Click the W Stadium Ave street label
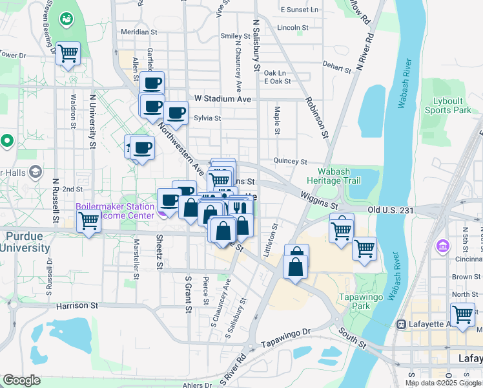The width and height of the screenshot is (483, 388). pos(222,99)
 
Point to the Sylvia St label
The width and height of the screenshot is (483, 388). pos(208,118)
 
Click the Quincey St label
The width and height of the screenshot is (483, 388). pos(289,161)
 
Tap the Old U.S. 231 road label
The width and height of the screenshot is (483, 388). pos(390,210)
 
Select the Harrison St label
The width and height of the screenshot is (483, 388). pos(76,305)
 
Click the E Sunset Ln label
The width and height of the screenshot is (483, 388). pos(300,10)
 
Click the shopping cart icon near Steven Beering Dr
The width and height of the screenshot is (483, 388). pos(68,53)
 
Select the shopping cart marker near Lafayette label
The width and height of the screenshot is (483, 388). pos(462,315)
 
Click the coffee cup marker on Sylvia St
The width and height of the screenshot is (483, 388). pos(175,113)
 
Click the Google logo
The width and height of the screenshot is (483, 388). pos(21,380)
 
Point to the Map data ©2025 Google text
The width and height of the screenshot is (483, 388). pos(443,383)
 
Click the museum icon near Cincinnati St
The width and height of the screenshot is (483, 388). pos(443,246)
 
